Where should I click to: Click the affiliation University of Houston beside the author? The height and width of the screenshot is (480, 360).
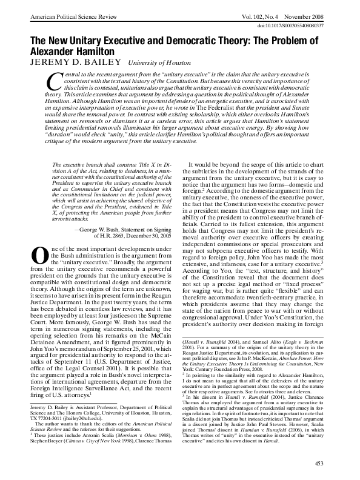pyautogui.click(x=160, y=62)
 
